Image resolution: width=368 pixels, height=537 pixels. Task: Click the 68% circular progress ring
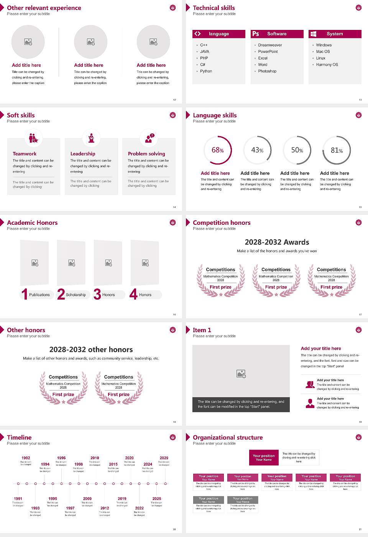pos(218,150)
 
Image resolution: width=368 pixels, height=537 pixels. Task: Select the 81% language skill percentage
pos(337,150)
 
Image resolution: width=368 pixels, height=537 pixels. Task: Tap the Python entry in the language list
pos(206,71)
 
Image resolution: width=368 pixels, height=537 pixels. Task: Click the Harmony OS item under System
pos(327,64)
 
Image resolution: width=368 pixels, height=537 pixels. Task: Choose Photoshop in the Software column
pos(267,71)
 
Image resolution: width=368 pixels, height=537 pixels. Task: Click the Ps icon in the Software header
pos(256,34)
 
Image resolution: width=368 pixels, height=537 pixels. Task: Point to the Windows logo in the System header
pos(313,34)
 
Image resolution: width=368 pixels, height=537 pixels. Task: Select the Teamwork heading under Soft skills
pos(25,153)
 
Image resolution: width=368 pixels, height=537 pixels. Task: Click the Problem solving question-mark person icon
pos(149,138)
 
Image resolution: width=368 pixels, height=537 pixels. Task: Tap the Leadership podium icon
pos(91,138)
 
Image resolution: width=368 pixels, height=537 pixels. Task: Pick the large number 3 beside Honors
pos(97,294)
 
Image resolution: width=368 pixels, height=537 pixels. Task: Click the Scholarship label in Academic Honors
pos(76,295)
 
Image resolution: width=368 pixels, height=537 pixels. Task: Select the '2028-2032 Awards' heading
pos(277,242)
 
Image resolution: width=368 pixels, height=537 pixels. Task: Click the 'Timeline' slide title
pos(19,437)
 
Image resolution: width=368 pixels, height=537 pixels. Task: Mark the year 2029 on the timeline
pos(164,458)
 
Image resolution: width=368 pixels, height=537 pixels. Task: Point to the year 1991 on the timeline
pos(18,499)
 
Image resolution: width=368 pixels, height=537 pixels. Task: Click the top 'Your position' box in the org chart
pos(264,458)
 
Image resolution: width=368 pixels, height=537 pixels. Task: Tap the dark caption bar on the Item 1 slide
pos(241,404)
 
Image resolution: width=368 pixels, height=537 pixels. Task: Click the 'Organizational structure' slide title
pos(228,437)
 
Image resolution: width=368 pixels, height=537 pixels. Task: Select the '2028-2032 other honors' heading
pos(91,349)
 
